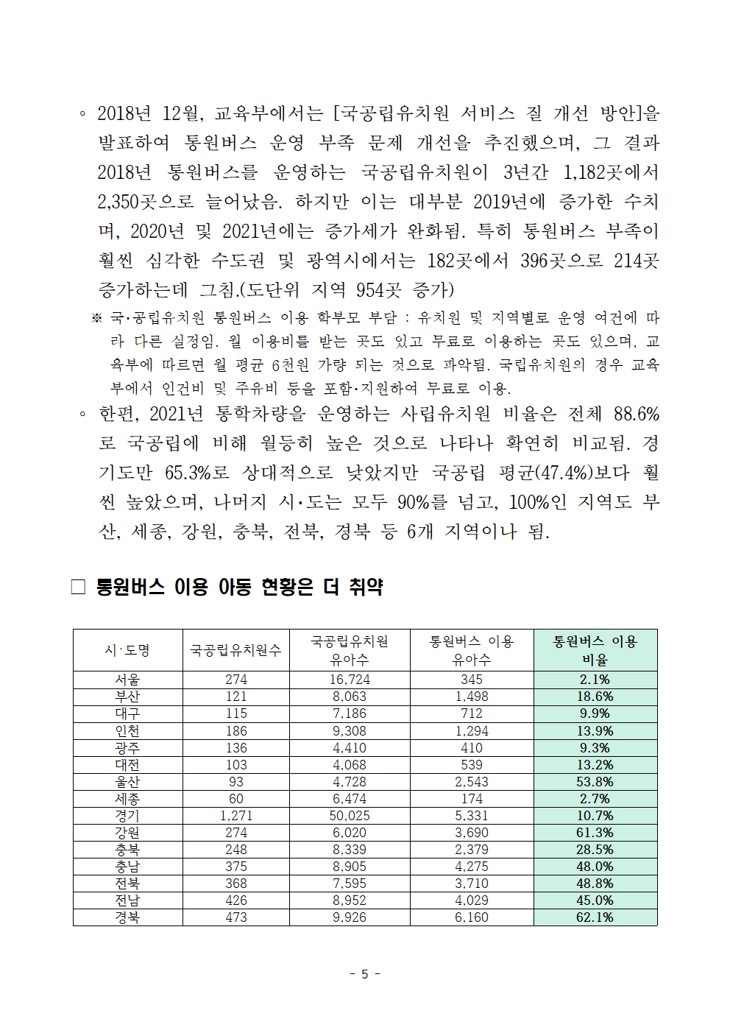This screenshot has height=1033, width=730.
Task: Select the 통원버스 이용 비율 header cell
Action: coord(595,650)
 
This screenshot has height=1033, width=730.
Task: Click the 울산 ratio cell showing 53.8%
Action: coord(595,781)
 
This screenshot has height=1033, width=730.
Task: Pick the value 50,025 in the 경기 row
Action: coord(350,815)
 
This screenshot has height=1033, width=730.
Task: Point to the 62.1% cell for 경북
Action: coord(595,917)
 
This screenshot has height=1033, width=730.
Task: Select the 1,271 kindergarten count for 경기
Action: coord(236,815)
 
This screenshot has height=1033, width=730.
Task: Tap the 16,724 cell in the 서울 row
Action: coord(350,680)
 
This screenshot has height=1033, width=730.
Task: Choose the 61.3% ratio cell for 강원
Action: coord(595,832)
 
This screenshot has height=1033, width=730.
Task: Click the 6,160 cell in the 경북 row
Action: coord(472,917)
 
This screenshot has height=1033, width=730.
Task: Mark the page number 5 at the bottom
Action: coord(365,974)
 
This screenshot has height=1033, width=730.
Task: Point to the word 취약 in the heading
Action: coord(365,587)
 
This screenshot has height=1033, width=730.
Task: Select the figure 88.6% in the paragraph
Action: coord(636,415)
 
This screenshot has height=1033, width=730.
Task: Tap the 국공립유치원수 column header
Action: coord(236,650)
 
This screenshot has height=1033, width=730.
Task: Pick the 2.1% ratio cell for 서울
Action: coord(595,680)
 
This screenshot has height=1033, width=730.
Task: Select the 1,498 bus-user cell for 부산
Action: coord(472,697)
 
